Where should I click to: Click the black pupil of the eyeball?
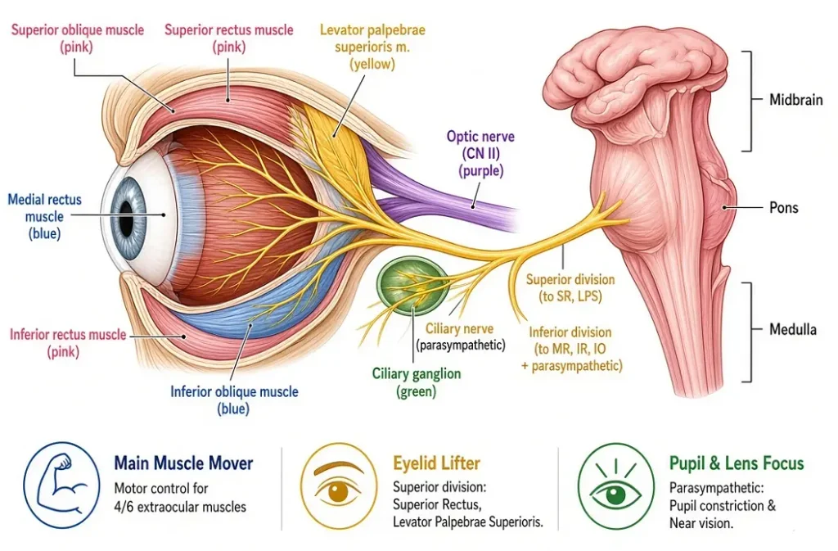coord(126,219)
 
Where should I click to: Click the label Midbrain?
coord(795,99)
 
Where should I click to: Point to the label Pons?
coord(783,207)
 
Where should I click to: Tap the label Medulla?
coord(792,329)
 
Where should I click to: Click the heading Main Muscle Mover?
coord(183,463)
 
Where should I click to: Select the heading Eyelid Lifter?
coord(437,463)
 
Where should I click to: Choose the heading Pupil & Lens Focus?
coord(737,463)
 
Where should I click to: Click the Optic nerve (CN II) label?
coord(480,153)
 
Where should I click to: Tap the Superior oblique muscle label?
coord(78,38)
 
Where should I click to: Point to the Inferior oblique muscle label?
coord(234,400)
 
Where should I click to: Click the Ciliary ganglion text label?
coord(417,382)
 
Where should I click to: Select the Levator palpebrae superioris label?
coord(372,47)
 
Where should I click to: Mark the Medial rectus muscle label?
coord(44,216)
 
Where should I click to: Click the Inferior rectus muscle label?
coord(68,343)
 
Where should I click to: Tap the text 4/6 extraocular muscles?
coord(180,507)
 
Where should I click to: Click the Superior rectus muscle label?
coord(229,38)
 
